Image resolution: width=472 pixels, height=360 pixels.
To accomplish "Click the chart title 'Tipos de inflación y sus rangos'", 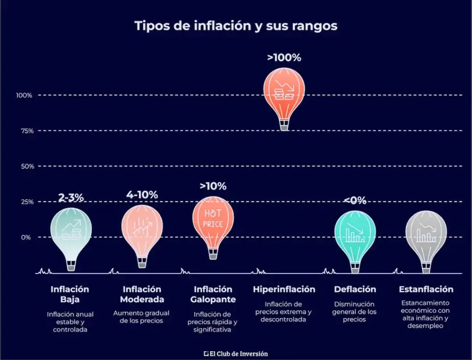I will pos(236,26).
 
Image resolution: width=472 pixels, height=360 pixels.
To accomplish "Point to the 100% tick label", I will pos(24,95).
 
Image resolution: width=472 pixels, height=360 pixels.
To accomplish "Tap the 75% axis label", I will pos(26,131).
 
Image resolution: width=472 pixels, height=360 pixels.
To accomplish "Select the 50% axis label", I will pos(26,166).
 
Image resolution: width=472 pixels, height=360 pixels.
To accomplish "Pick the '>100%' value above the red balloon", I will pos(284,58).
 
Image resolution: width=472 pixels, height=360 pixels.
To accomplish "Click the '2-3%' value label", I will pos(71,198).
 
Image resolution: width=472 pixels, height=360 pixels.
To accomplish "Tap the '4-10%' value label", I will pos(142,195).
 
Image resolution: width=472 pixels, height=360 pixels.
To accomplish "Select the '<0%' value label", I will pos(354,201).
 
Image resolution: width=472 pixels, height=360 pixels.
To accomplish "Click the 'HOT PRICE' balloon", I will pos(213,219).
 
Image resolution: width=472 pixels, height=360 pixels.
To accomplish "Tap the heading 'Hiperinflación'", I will pos(284,289).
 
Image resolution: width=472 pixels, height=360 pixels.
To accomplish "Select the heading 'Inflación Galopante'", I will pos(213,295).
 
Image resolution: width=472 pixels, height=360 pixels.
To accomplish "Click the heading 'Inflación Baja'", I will pos(70,295).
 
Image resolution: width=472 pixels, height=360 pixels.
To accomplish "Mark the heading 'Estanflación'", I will pos(426,289).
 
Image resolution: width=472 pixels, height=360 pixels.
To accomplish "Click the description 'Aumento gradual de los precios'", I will pos(141,317).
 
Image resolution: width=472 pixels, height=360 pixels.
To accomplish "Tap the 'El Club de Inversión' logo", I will pos(236,354).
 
